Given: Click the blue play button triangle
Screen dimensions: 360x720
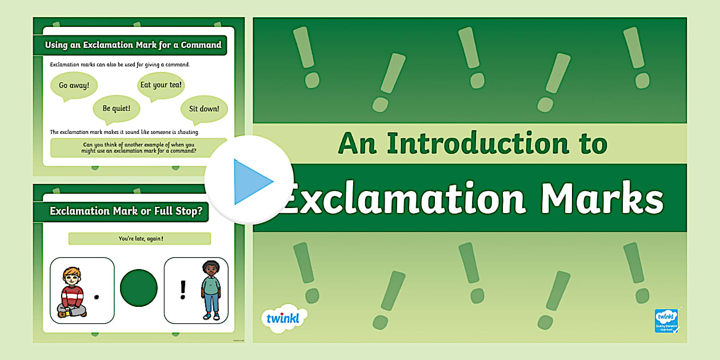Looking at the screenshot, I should (252, 182).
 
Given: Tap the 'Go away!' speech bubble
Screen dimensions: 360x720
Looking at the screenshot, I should (74, 86).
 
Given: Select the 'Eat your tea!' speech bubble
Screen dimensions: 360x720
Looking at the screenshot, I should (161, 85).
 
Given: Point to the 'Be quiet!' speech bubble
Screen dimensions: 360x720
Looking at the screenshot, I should (117, 108).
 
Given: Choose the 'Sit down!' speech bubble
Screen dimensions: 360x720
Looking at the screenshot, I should (204, 108).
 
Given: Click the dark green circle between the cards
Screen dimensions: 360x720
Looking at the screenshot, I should (139, 287).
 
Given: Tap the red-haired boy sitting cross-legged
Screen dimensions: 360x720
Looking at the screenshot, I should (73, 291).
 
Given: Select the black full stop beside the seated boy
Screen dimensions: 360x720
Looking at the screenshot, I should (97, 297).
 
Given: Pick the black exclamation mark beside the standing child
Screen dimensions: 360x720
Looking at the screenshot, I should (183, 290).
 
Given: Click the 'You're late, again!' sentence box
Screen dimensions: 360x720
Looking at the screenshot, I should (139, 238).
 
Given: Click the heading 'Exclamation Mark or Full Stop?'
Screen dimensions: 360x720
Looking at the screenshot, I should (126, 211).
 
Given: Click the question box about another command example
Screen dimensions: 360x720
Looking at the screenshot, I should (139, 148).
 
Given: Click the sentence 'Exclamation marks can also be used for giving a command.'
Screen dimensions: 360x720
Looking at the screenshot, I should (120, 65).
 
